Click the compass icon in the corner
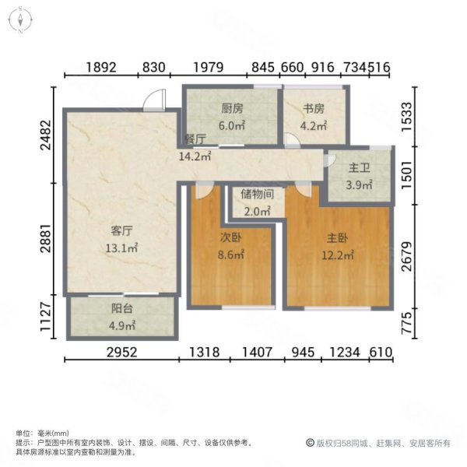click(19, 21)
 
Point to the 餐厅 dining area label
click(195, 139)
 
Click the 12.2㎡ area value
click(338, 254)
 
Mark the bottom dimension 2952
click(121, 351)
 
